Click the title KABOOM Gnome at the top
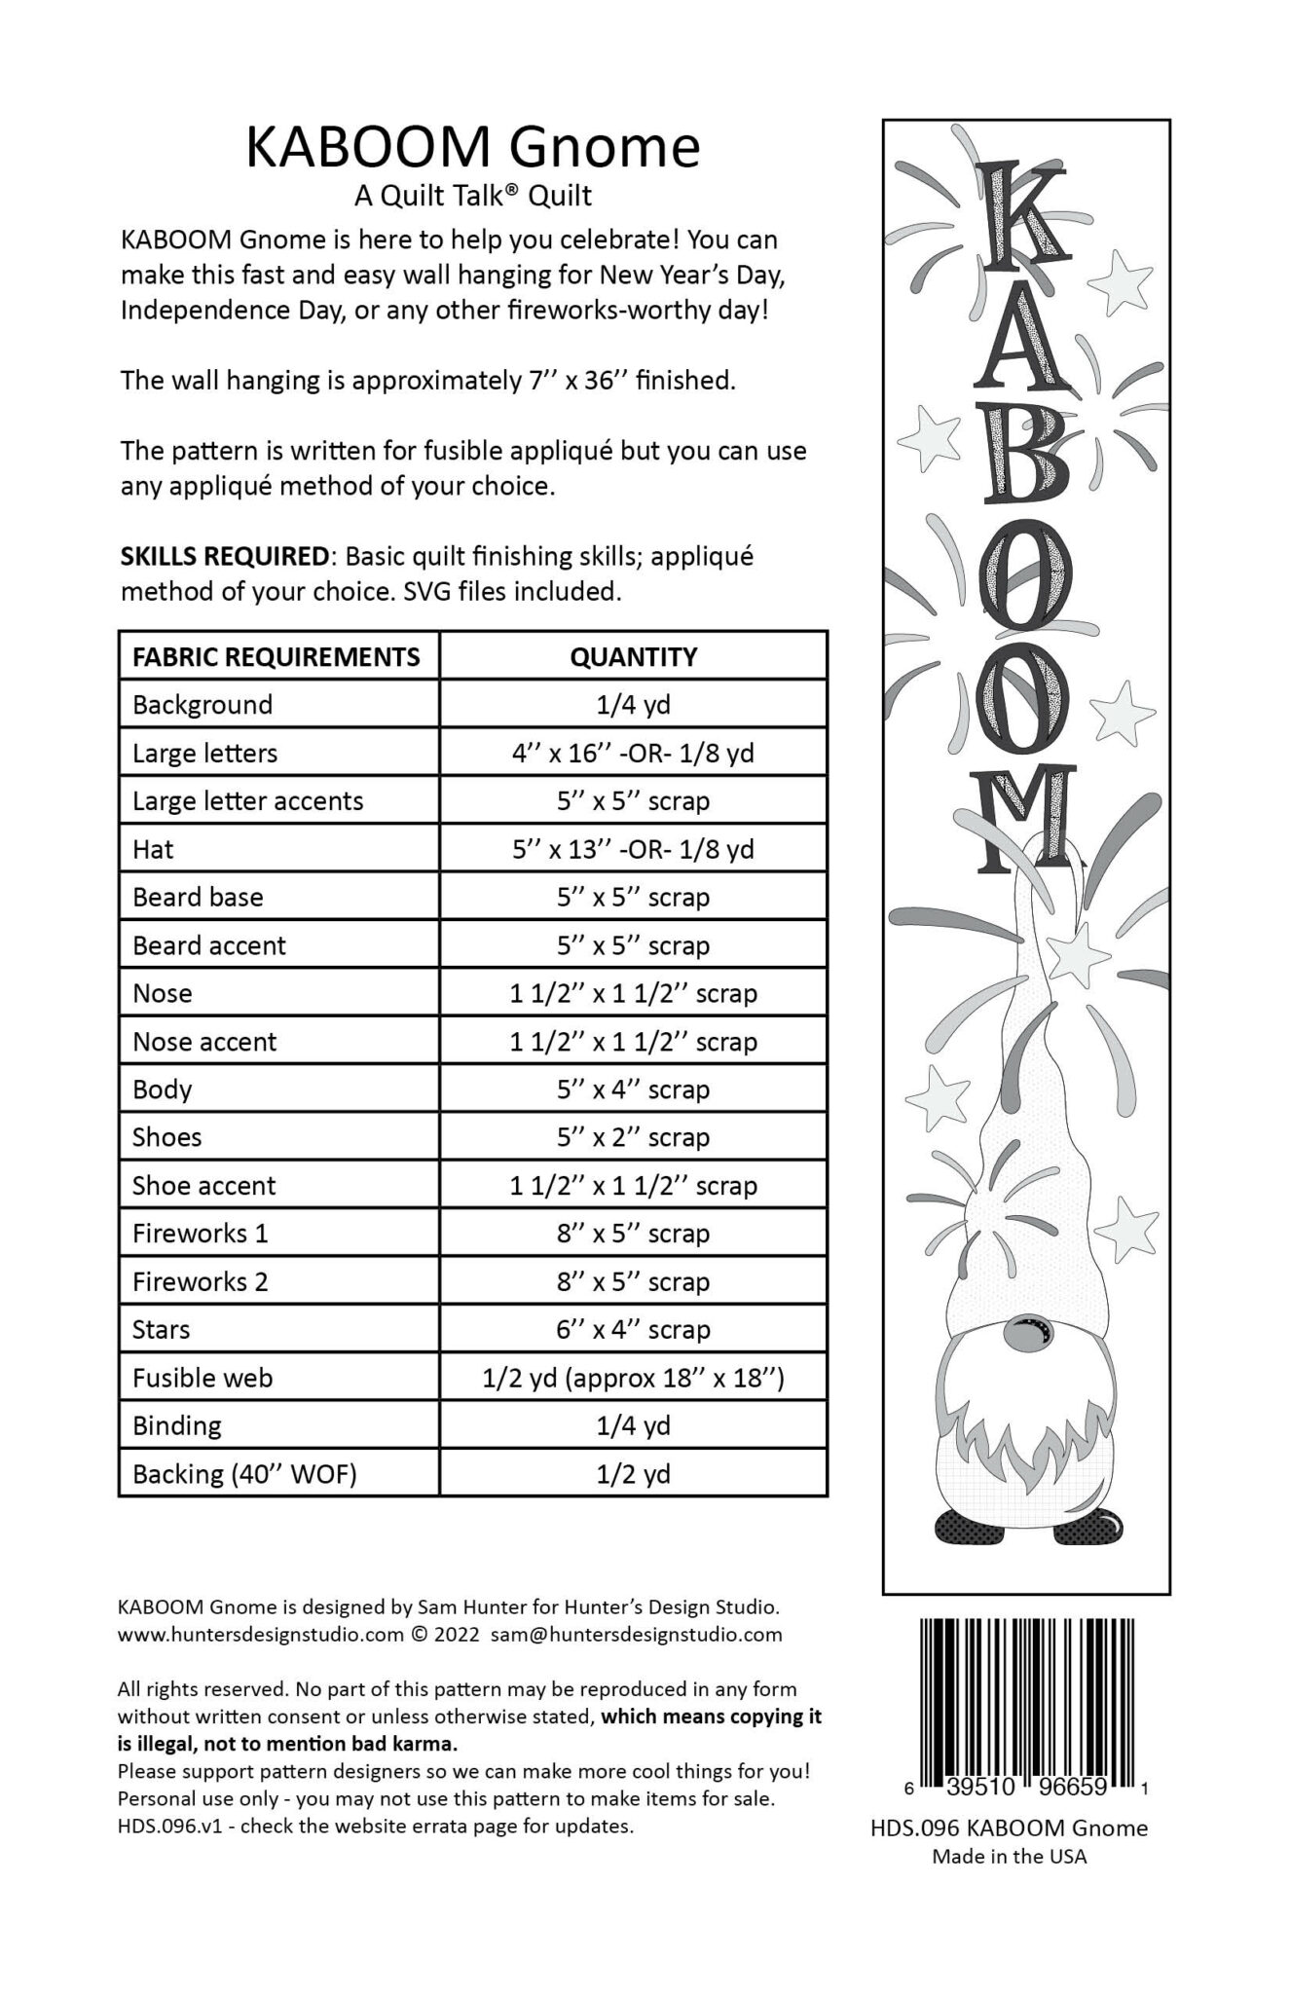[472, 148]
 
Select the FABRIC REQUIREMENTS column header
[276, 656]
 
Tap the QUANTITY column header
[633, 656]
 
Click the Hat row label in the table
[153, 849]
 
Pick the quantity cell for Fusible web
[633, 1378]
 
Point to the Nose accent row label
[204, 1042]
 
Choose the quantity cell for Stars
[633, 1329]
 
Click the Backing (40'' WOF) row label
[244, 1474]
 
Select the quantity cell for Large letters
[633, 753]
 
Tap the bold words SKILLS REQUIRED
[224, 556]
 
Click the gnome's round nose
[1022, 1335]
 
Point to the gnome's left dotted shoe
[961, 1528]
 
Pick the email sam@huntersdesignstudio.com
[637, 1634]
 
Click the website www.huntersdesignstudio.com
[260, 1634]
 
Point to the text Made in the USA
[1009, 1856]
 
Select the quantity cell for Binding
[633, 1425]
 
